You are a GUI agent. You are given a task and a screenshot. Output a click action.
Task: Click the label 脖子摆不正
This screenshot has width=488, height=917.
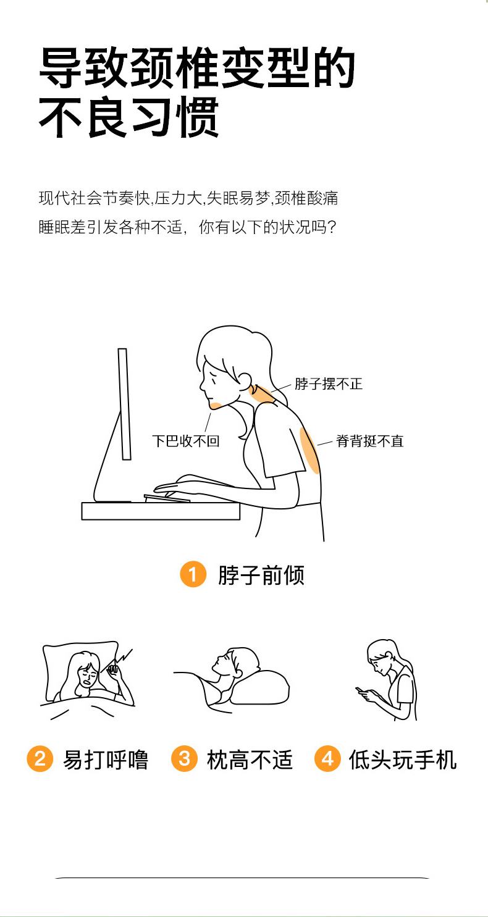click(x=329, y=384)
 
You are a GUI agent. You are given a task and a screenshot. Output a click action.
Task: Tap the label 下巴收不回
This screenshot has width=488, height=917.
click(x=186, y=441)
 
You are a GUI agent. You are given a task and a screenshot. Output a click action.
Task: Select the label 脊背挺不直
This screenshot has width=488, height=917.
click(x=369, y=441)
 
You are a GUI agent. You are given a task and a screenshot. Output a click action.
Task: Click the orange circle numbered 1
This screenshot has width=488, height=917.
click(x=193, y=574)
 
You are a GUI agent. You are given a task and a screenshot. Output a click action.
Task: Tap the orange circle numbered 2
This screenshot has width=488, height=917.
click(x=40, y=758)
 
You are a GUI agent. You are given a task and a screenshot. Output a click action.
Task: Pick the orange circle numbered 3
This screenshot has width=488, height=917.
click(x=184, y=758)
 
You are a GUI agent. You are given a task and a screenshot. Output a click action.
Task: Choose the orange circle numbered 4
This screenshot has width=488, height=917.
click(x=327, y=758)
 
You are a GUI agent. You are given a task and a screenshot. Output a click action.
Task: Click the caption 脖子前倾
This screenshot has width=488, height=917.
click(x=261, y=575)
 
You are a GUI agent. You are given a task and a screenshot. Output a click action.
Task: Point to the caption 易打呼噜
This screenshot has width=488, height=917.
click(x=105, y=760)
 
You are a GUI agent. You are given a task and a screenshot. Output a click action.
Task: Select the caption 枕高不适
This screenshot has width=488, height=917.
click(x=250, y=760)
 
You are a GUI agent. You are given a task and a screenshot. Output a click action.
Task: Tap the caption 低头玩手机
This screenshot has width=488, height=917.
click(x=403, y=760)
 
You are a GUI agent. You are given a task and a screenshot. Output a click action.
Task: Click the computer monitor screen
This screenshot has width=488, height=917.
click(x=124, y=404)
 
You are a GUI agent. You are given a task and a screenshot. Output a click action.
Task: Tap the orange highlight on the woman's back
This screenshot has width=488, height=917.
click(x=309, y=450)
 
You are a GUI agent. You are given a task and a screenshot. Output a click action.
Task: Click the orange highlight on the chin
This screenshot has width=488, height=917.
click(x=216, y=405)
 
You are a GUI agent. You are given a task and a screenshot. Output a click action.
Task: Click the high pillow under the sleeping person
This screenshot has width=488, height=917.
click(x=260, y=688)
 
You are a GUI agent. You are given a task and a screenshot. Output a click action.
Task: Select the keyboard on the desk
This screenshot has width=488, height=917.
click(x=167, y=498)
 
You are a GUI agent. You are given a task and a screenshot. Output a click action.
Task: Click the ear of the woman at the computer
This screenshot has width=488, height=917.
click(x=245, y=380)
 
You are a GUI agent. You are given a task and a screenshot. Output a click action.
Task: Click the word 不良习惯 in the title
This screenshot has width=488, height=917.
click(x=129, y=117)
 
